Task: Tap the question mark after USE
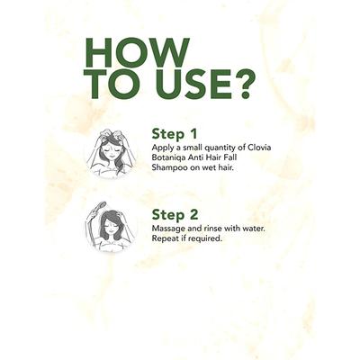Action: tap(246, 85)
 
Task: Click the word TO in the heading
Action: tap(112, 85)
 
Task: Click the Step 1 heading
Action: tap(175, 134)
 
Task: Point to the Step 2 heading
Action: tap(175, 215)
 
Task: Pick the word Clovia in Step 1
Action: tap(259, 148)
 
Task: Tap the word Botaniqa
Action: tap(166, 157)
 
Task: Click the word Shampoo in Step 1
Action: tap(167, 168)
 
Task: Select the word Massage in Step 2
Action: tap(167, 229)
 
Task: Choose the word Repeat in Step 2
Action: tap(163, 238)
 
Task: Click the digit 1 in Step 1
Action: tap(193, 134)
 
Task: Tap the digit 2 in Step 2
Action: tap(193, 215)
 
